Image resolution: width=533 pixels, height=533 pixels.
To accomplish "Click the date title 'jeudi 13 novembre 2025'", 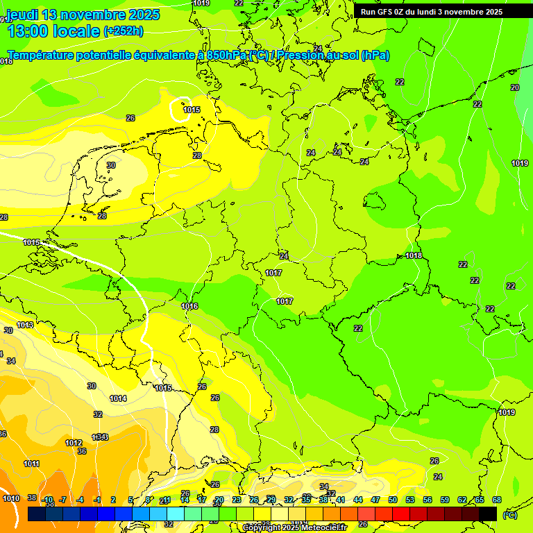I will tap(83, 15).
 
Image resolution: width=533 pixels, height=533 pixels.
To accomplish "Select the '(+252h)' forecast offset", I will tap(124, 31).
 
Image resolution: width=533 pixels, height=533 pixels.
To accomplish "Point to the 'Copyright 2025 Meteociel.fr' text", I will tap(294, 527).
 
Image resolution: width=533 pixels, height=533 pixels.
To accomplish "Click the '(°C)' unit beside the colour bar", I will tap(510, 515).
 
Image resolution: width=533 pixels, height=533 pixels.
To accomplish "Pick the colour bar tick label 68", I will tap(497, 500).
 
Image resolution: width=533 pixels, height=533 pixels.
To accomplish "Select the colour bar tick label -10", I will tap(48, 500).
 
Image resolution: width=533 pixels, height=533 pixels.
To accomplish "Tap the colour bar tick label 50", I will tap(393, 500).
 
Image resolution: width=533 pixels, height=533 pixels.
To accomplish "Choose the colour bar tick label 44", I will tap(358, 500).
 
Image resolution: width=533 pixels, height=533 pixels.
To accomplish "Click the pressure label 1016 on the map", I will tap(189, 306).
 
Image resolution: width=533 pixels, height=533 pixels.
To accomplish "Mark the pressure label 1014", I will tap(118, 398).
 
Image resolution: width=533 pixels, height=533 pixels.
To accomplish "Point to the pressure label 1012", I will tap(74, 443).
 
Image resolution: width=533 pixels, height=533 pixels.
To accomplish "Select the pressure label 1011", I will tap(31, 464).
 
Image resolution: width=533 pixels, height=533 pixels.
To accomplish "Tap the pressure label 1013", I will tap(25, 325).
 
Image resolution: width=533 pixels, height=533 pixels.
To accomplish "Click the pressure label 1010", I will tap(10, 498).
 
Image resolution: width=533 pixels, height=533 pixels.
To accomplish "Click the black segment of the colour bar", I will tap(488, 514).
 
